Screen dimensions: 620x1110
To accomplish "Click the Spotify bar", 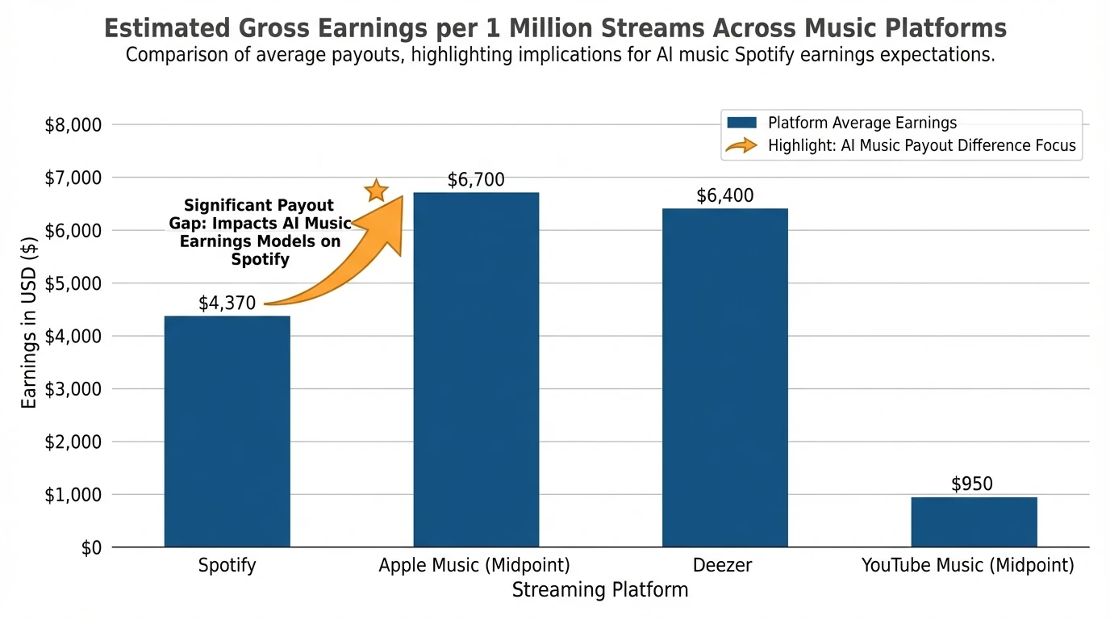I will point(227,431).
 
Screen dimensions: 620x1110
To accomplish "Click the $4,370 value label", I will point(227,304).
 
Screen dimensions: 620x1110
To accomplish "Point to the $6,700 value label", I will point(476,180).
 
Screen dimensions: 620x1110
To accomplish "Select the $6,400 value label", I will point(724,196).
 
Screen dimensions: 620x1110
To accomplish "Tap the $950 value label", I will point(972,484).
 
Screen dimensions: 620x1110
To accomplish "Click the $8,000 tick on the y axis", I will point(73,125).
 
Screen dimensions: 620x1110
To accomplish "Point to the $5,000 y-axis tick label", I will point(73,283).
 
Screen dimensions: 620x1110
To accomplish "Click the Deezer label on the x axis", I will point(724,565).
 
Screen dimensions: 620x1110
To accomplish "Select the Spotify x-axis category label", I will point(227,565).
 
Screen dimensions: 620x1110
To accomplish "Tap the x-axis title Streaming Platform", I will point(600,590).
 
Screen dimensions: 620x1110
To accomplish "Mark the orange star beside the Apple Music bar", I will point(376,191).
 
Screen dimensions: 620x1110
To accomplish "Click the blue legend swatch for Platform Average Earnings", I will point(741,123).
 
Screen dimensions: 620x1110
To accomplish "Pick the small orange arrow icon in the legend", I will point(741,146).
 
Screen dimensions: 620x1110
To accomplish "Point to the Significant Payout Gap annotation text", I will point(260,232).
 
